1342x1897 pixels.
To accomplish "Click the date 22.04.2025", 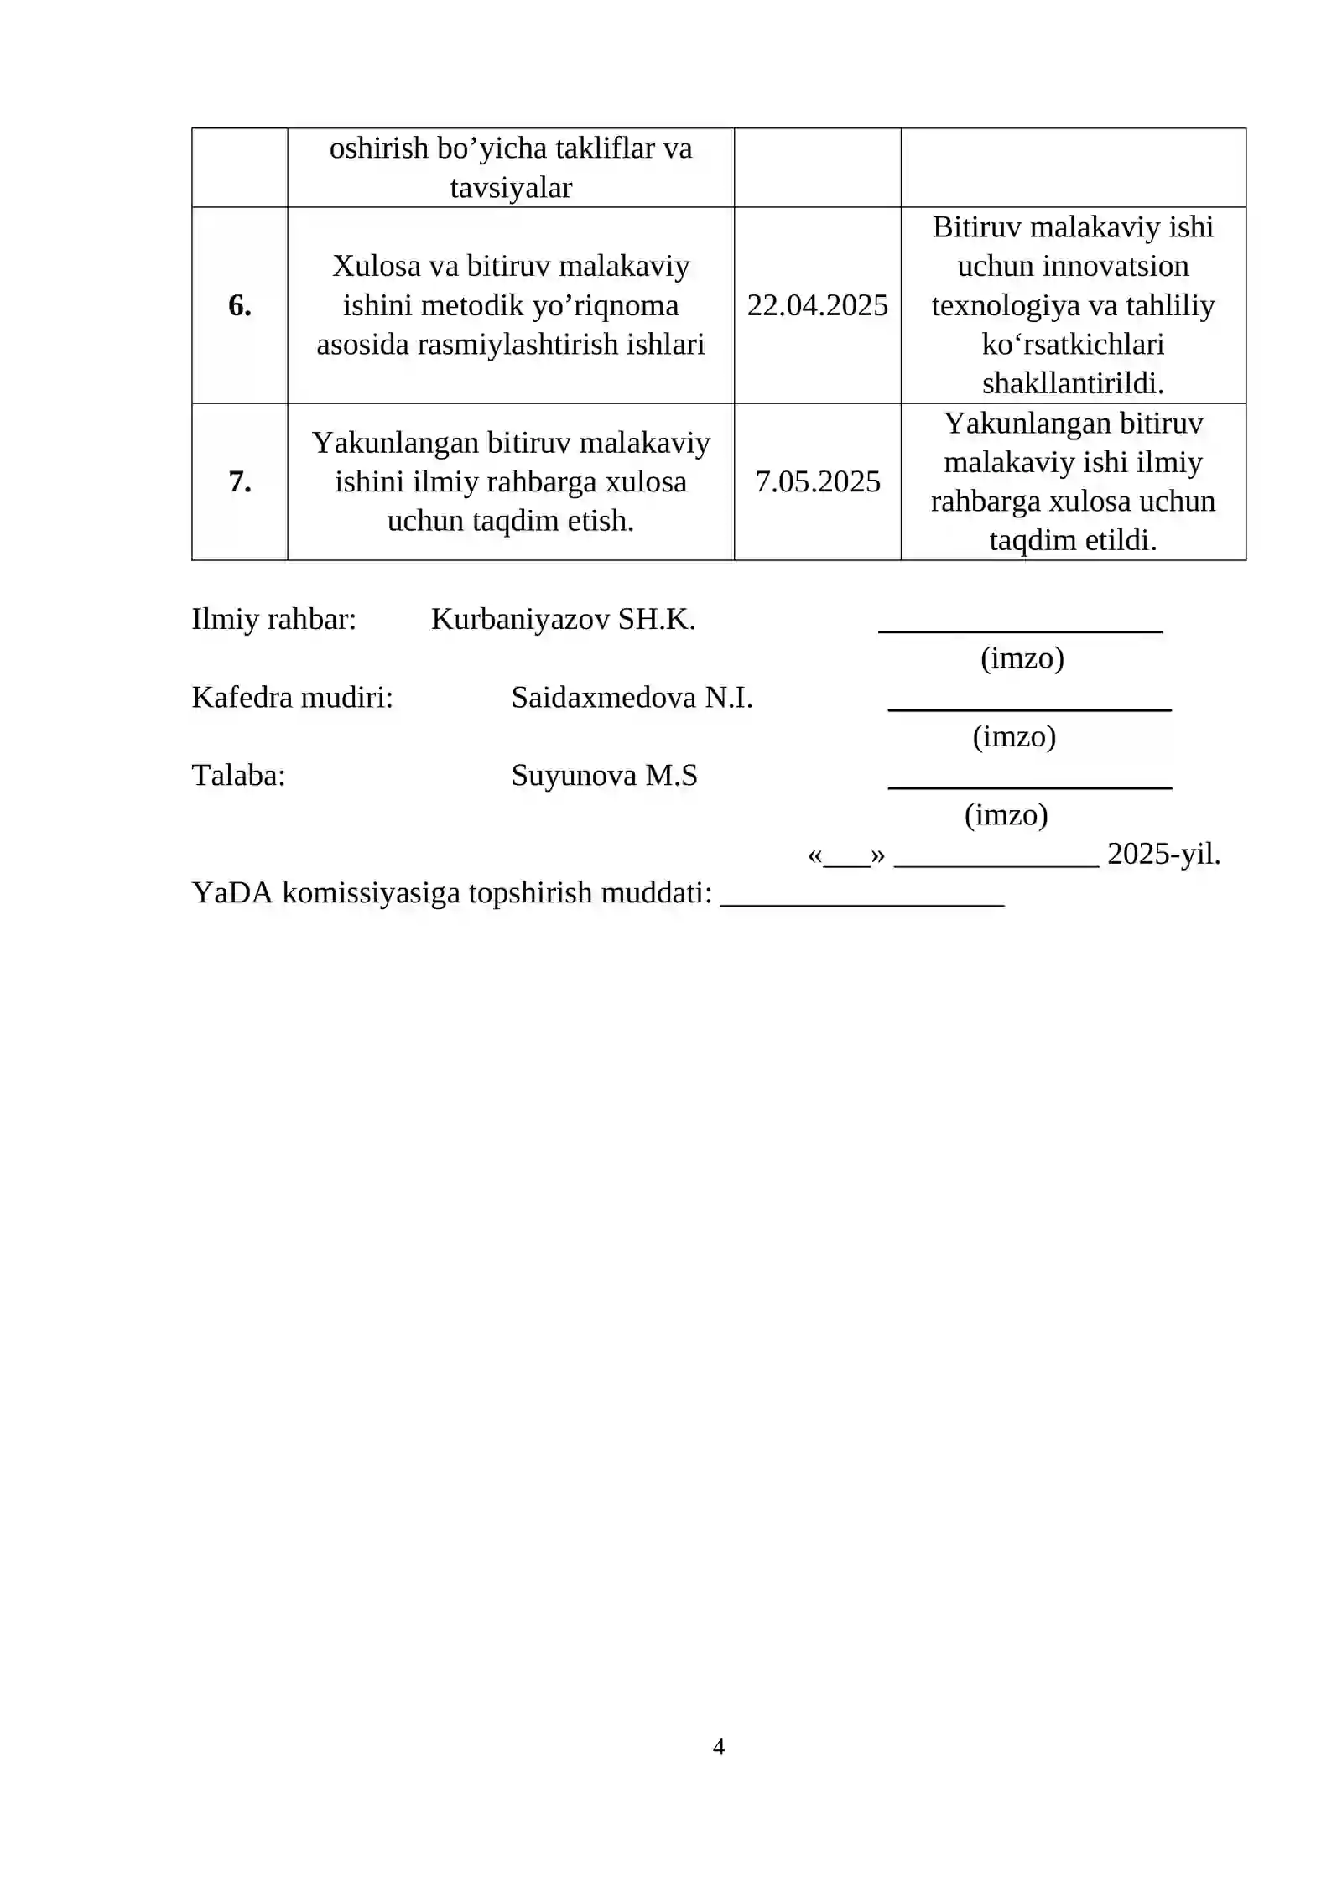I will pos(817,305).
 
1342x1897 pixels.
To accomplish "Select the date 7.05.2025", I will pos(817,481).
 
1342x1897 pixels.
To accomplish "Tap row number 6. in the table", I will pos(240,305).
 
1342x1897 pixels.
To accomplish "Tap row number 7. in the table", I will pos(240,481).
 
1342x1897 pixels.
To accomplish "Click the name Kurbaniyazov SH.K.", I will pos(563,619).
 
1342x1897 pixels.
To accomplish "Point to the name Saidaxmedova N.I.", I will pos(632,697).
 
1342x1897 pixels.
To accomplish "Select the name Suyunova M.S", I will pos(604,775).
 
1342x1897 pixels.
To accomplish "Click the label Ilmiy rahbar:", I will pos(274,619).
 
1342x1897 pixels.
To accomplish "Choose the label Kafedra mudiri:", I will pos(292,697).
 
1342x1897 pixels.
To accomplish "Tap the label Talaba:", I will pos(238,775).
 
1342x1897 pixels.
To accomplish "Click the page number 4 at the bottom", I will pos(718,1746).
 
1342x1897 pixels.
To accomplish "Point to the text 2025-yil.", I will pos(1163,854).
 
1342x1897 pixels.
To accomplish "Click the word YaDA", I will pos(232,892).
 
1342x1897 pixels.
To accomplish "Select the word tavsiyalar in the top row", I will pos(511,187).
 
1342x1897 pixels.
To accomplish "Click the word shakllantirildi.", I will pos(1073,383).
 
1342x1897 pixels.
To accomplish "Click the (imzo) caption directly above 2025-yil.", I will pos(1006,814).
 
